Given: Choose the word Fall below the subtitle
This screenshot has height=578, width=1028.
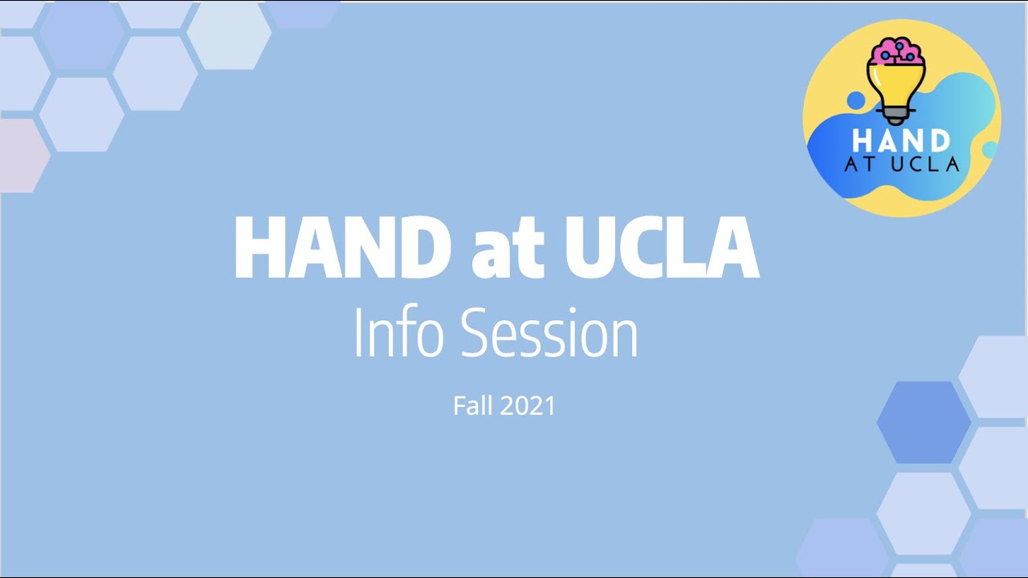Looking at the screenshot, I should (471, 405).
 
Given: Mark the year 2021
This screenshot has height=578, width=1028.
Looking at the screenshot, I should (527, 405).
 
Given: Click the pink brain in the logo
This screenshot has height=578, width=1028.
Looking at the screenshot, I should (897, 51).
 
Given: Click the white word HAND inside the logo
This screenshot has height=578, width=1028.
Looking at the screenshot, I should (901, 141).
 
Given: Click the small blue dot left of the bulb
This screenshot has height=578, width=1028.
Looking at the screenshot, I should (856, 100).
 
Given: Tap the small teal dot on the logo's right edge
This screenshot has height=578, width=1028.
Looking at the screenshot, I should (989, 150).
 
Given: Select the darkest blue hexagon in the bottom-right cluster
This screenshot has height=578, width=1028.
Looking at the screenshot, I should (924, 422).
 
